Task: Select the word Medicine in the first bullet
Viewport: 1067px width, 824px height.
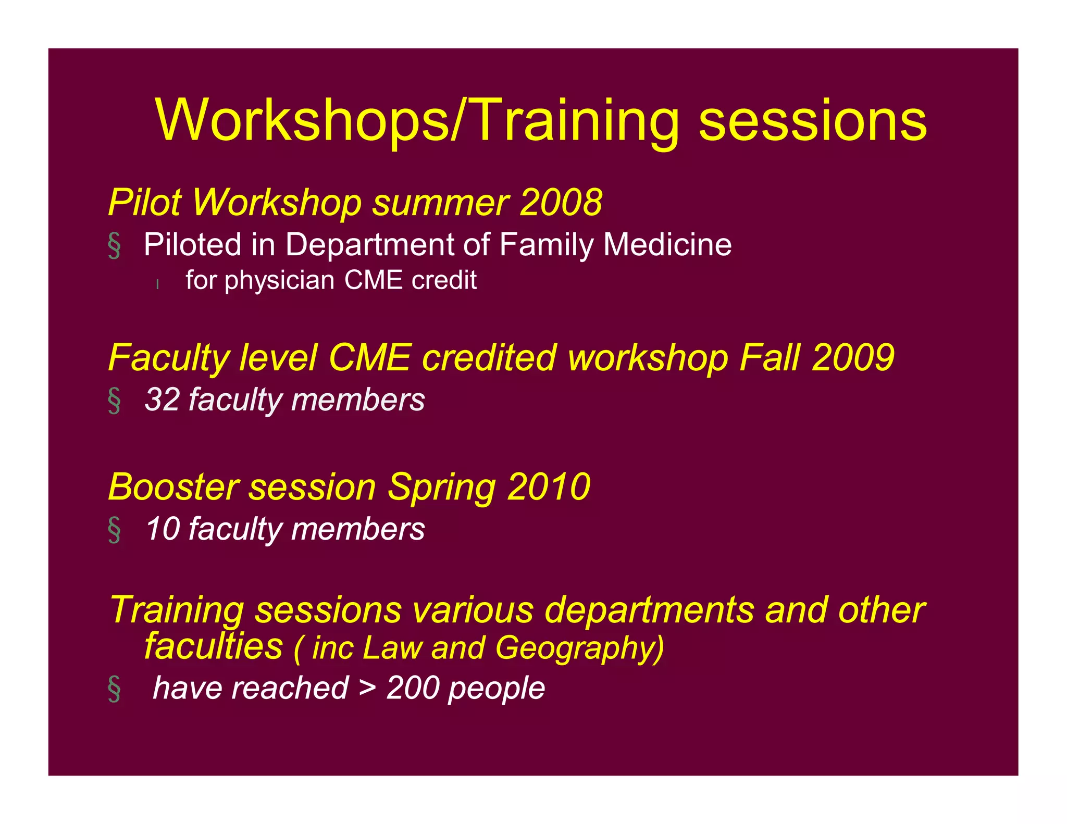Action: point(667,244)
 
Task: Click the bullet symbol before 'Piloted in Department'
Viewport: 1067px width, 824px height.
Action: point(115,245)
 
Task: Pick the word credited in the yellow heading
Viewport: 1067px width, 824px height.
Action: point(489,358)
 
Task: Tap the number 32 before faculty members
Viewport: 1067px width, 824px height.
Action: point(162,399)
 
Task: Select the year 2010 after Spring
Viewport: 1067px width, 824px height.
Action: point(549,487)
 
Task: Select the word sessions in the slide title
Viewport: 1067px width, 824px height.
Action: point(813,120)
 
